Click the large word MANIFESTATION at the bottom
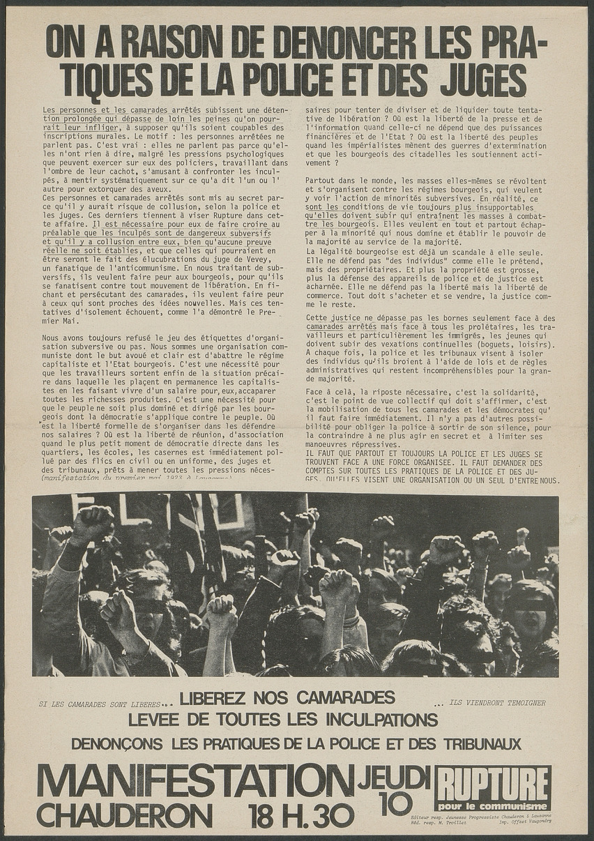195,781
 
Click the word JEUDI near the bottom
394,778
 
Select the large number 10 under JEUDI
396,804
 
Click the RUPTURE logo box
492,788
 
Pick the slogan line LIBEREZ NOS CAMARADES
287,697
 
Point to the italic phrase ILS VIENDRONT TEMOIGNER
497,703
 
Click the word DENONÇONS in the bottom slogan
116,743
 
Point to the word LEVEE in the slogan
157,719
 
